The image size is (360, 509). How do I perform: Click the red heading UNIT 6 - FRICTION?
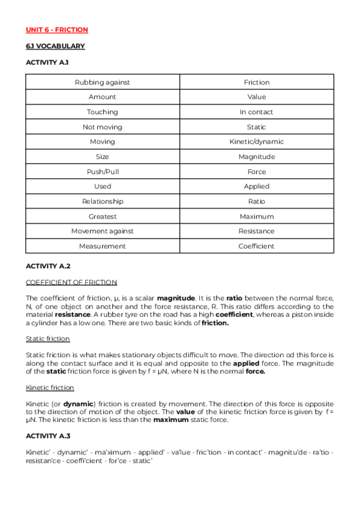pyautogui.click(x=57, y=30)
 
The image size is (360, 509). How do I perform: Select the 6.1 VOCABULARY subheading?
pyautogui.click(x=55, y=46)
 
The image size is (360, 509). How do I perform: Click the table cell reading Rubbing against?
pyautogui.click(x=103, y=82)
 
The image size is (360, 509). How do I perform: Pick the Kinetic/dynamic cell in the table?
pyautogui.click(x=256, y=142)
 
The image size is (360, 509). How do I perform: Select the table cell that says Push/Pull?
pyautogui.click(x=103, y=172)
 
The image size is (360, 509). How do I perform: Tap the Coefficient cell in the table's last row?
pyautogui.click(x=256, y=246)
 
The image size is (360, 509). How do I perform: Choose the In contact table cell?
pyautogui.click(x=256, y=112)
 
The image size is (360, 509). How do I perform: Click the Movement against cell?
pyautogui.click(x=103, y=231)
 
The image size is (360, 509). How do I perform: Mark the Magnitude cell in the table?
pyautogui.click(x=256, y=157)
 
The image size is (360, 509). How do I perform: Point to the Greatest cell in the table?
pyautogui.click(x=103, y=216)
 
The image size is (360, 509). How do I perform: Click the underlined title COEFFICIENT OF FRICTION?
pyautogui.click(x=71, y=282)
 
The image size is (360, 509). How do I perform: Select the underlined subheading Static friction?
pyautogui.click(x=48, y=339)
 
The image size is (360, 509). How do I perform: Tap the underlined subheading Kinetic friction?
pyautogui.click(x=50, y=388)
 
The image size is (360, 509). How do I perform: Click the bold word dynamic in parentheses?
pyautogui.click(x=79, y=404)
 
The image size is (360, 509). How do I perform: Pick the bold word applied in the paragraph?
pyautogui.click(x=246, y=364)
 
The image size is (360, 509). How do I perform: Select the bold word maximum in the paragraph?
pyautogui.click(x=170, y=420)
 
